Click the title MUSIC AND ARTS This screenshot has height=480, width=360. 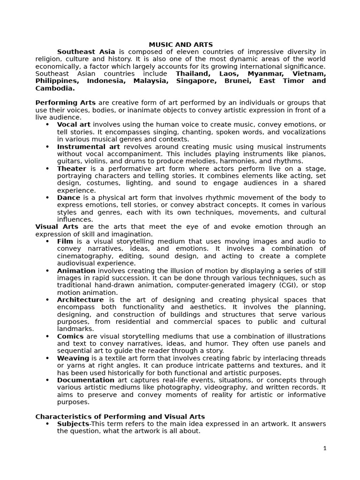pos(180,45)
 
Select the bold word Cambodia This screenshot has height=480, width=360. pos(55,88)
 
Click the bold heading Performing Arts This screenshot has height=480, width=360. pos(65,103)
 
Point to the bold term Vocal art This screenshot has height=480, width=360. pos(74,124)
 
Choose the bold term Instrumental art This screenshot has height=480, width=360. pos(88,146)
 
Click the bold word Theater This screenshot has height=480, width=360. pos(72,168)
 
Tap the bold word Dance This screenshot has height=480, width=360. pos(69,197)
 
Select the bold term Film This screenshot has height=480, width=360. pos(65,241)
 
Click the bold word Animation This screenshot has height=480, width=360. pos(76,270)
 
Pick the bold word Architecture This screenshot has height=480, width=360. pos(80,300)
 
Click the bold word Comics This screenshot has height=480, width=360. pos(70,336)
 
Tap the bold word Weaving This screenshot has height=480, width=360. pos(73,358)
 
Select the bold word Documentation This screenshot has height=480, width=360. pos(86,380)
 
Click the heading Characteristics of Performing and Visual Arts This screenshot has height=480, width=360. pos(120,416)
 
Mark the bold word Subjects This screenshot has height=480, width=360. pos(73,424)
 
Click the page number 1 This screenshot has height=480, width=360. pos(324,448)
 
